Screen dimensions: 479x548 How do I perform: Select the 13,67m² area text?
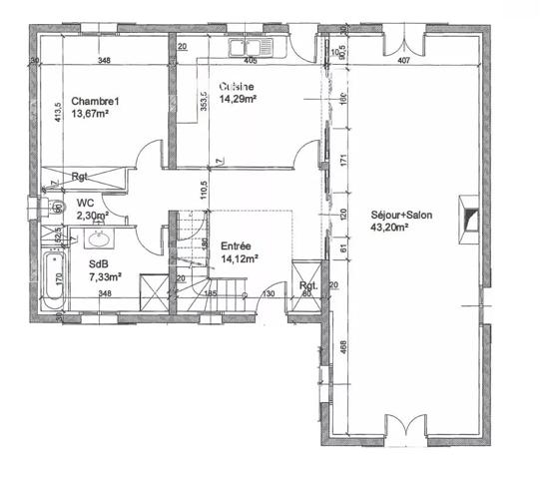pyautogui.click(x=90, y=115)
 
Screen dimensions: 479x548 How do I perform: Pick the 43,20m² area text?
pyautogui.click(x=391, y=227)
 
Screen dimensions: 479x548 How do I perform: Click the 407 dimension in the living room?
pyautogui.click(x=403, y=61)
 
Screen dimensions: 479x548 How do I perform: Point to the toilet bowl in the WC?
pyautogui.click(x=46, y=208)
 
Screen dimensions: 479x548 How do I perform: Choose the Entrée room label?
pyautogui.click(x=235, y=244)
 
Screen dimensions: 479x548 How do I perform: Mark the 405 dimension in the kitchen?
pyautogui.click(x=251, y=61)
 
